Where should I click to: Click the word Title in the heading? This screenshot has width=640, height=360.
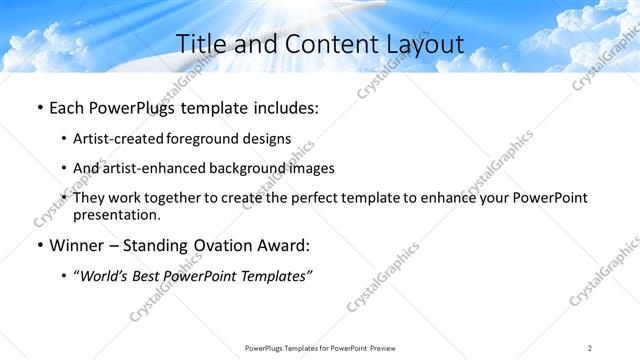[201, 44]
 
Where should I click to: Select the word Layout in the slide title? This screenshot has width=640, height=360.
[424, 44]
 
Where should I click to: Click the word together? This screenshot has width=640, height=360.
[186, 199]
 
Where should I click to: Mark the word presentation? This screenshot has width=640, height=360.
[117, 215]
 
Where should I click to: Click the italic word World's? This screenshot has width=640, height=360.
[105, 276]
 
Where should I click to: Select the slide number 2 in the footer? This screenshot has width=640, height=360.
[590, 347]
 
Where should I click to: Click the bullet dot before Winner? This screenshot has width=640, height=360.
[39, 246]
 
